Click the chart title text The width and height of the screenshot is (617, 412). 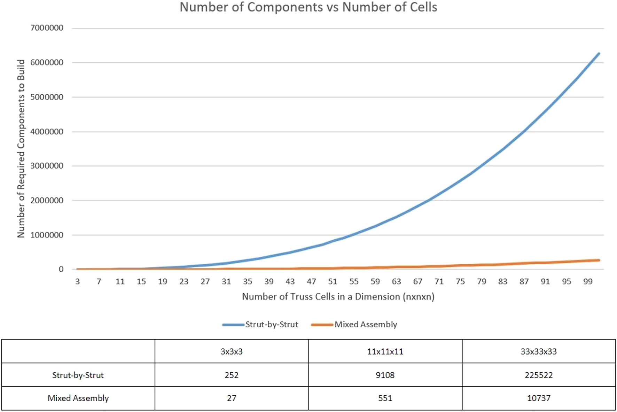[x=308, y=7]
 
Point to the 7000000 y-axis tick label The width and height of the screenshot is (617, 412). [x=47, y=28]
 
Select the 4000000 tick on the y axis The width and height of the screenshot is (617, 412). [x=47, y=132]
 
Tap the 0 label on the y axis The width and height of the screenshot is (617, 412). [x=61, y=269]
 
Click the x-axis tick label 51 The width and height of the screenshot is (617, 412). [x=333, y=281]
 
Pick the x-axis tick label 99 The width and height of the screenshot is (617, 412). [x=588, y=281]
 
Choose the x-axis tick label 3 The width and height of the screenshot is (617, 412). [x=77, y=281]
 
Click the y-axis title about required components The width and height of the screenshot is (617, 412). [x=21, y=149]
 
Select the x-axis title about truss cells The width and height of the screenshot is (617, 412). [x=338, y=297]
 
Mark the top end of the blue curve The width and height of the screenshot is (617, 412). [x=599, y=54]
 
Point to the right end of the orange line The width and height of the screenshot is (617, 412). [x=599, y=260]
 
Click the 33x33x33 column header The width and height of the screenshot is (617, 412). [x=539, y=351]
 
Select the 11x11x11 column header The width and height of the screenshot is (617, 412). [x=385, y=351]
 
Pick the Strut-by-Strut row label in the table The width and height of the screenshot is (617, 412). [x=78, y=375]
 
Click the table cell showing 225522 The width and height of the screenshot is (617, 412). [x=539, y=375]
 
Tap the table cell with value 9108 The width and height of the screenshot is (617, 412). [x=385, y=375]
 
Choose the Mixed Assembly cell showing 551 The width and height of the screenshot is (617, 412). [x=385, y=398]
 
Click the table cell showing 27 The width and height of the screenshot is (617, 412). [x=232, y=398]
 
